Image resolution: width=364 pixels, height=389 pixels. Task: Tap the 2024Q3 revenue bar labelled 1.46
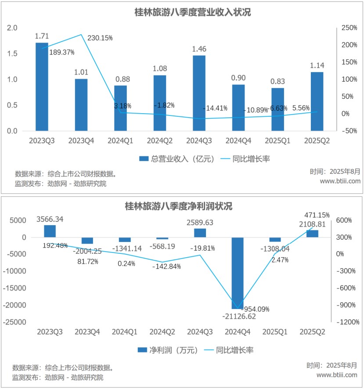[199, 93]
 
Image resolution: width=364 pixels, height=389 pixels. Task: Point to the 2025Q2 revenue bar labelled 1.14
[317, 101]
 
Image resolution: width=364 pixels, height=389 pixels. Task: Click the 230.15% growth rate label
[100, 38]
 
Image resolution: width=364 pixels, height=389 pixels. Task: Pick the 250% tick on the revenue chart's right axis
[349, 28]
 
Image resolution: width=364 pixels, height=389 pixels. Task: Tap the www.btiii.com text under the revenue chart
[340, 181]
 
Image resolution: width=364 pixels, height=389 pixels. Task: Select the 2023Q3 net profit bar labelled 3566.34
[50, 231]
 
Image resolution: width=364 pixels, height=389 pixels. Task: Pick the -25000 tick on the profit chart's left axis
[15, 322]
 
